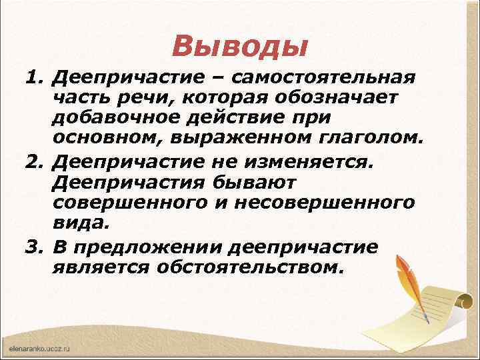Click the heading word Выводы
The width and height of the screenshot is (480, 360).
coord(239,46)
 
